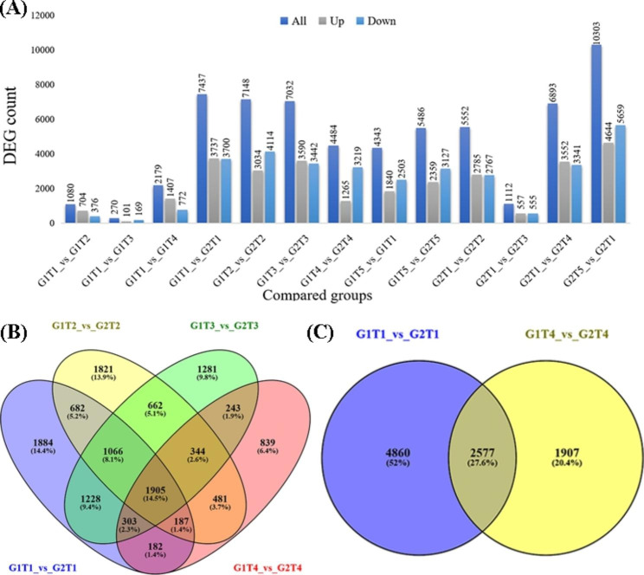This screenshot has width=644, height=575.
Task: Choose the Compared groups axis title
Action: [327, 295]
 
